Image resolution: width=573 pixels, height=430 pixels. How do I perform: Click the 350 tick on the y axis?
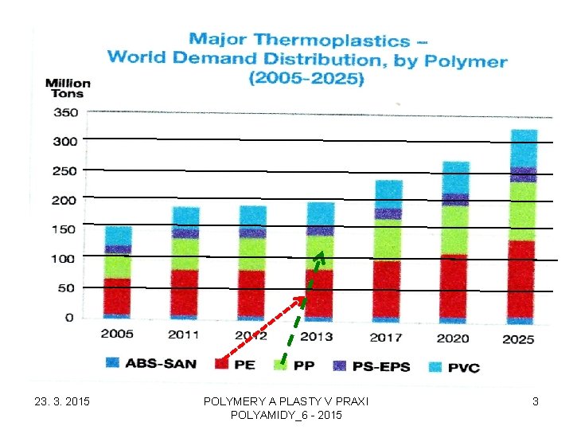click(65, 112)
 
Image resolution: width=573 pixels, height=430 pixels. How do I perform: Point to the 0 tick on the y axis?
click(69, 318)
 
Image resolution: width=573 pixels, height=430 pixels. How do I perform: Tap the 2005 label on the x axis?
click(116, 334)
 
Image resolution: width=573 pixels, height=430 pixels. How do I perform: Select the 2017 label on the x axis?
click(385, 337)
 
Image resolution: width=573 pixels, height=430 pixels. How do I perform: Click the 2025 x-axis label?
click(518, 338)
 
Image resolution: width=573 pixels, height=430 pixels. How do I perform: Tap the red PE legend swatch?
click(224, 365)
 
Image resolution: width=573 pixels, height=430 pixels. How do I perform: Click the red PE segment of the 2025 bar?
click(521, 279)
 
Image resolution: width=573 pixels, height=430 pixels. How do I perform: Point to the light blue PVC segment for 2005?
click(118, 236)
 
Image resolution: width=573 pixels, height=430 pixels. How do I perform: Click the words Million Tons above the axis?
click(68, 88)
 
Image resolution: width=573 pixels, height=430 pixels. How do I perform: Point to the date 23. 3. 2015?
click(63, 402)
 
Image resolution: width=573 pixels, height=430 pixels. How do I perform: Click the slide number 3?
click(536, 402)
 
